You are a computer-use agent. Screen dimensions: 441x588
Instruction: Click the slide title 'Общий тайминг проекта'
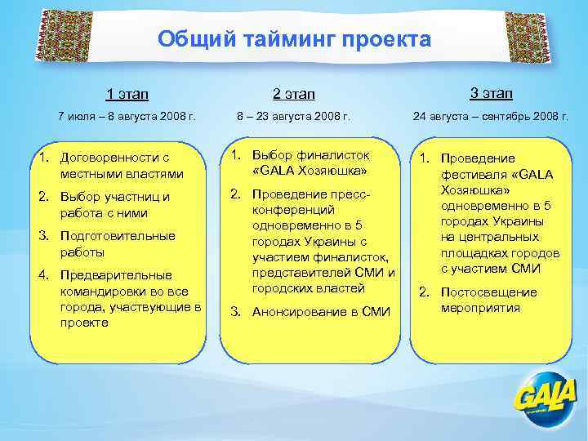pyautogui.click(x=294, y=39)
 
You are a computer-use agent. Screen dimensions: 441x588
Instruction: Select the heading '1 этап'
pyautogui.click(x=127, y=96)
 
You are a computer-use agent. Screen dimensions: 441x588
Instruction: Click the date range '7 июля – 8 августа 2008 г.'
pyautogui.click(x=127, y=117)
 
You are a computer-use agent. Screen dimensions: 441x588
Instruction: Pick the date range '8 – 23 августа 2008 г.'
pyautogui.click(x=293, y=117)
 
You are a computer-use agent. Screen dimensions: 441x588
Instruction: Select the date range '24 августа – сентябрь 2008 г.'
pyautogui.click(x=491, y=117)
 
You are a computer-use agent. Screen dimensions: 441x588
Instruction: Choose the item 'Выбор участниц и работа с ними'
pyautogui.click(x=114, y=205)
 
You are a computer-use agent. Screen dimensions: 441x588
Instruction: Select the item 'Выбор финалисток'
pyautogui.click(x=310, y=163)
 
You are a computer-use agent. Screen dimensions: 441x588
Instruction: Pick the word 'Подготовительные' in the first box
pyautogui.click(x=118, y=236)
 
